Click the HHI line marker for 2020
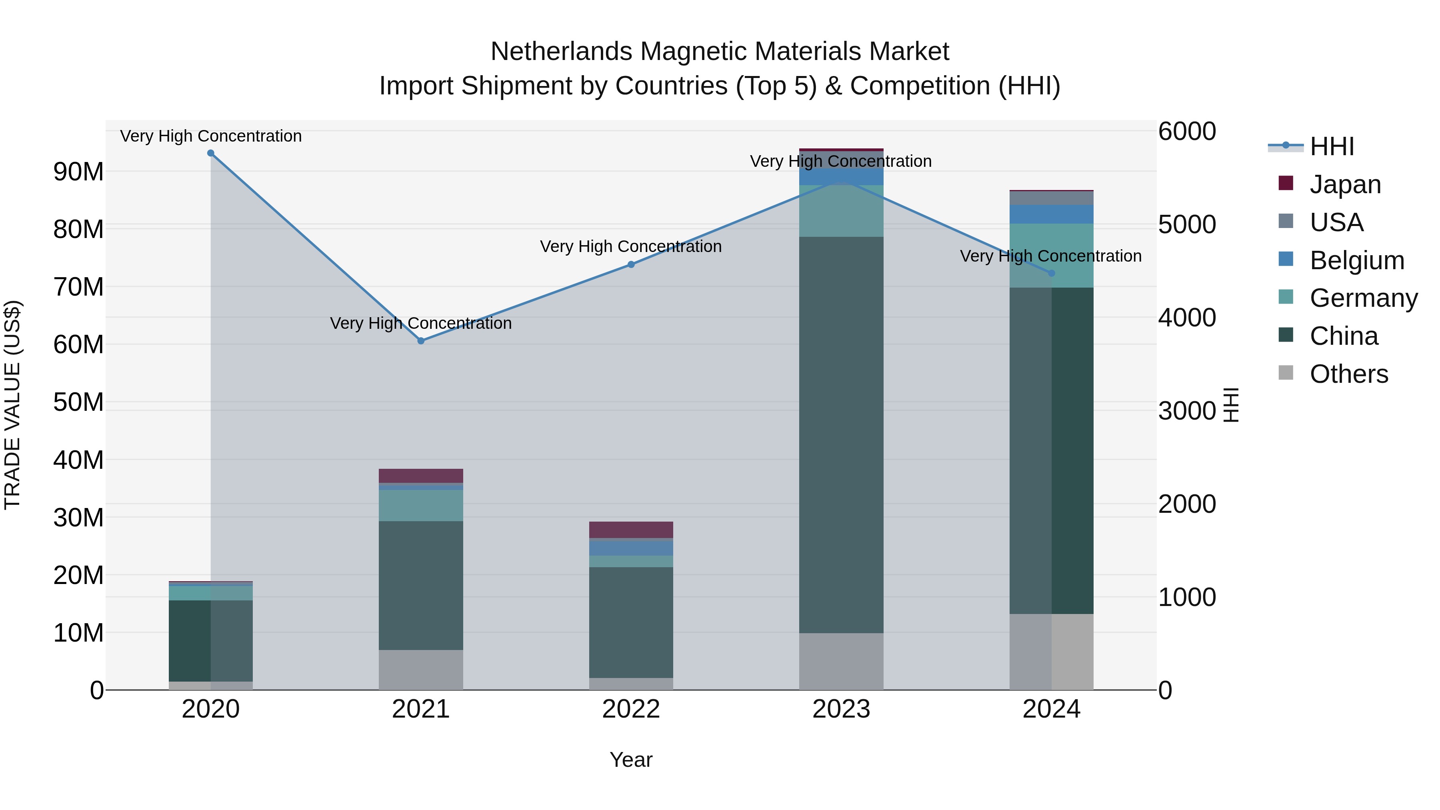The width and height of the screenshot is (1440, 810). (211, 153)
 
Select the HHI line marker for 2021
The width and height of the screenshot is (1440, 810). (421, 341)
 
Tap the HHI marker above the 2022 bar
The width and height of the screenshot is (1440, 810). (631, 264)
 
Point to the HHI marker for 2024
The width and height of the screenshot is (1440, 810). (1052, 273)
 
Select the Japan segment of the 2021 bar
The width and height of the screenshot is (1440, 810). (421, 476)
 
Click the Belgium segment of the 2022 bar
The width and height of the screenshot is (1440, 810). (631, 548)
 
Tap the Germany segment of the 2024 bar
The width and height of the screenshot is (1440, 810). (1052, 256)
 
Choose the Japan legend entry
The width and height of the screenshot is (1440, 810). (1345, 184)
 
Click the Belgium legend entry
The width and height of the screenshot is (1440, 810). (1357, 260)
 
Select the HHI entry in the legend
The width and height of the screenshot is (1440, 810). (1332, 146)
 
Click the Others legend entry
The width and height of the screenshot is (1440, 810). (1348, 374)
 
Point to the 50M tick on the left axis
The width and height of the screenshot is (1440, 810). (78, 402)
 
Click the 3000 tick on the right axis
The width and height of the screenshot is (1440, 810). (1187, 411)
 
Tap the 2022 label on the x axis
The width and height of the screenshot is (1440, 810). (631, 709)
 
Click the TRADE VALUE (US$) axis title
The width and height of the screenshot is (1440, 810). (13, 405)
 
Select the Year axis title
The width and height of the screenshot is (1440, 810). (631, 760)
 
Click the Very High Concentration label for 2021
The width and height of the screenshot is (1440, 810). (421, 323)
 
